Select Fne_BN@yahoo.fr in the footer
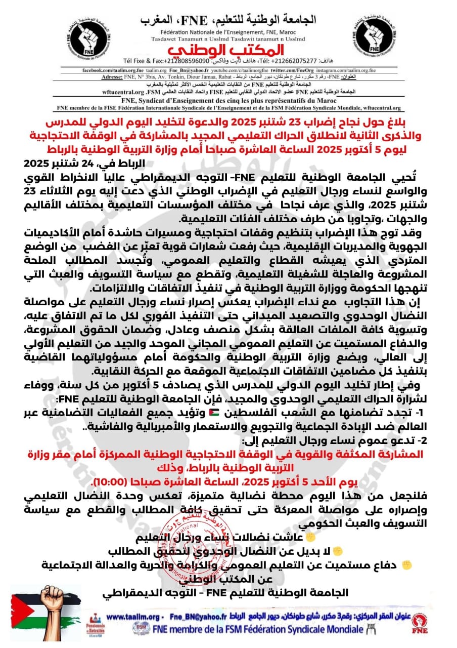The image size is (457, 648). click(x=196, y=617)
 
